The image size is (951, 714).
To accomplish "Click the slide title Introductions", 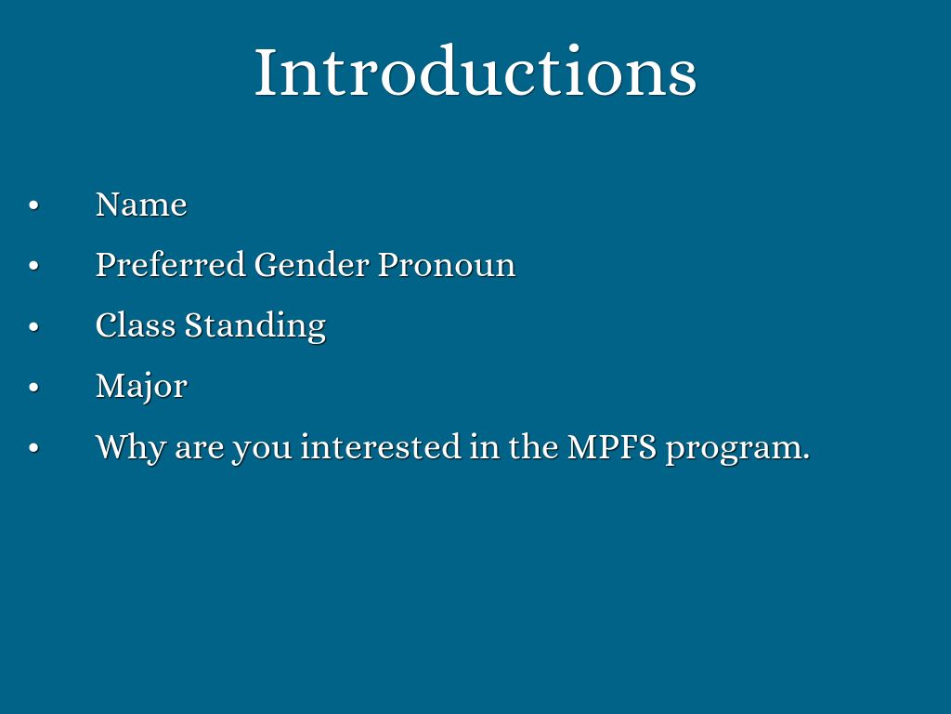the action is coord(475,71).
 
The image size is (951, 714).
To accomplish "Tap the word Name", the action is coord(141,205).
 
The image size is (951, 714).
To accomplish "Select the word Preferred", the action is coord(171,265).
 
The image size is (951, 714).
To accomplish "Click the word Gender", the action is coord(312,265).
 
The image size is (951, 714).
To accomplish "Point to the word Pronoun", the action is coord(447,265).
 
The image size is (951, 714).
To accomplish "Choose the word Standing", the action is coord(255,326).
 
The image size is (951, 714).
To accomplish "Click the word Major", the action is coord(141,387).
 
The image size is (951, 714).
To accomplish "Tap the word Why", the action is coord(130,448).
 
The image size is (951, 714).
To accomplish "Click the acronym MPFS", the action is coord(612,447).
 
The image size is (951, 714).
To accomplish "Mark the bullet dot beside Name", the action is coord(34,205).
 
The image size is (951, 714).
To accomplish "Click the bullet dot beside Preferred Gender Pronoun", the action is coord(34,266).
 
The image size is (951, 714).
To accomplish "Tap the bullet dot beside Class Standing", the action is coord(34,326).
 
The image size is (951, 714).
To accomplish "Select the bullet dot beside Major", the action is coord(34,388).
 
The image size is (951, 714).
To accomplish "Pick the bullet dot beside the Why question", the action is coord(34,448).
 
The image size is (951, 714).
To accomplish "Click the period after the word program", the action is coord(806,458).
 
